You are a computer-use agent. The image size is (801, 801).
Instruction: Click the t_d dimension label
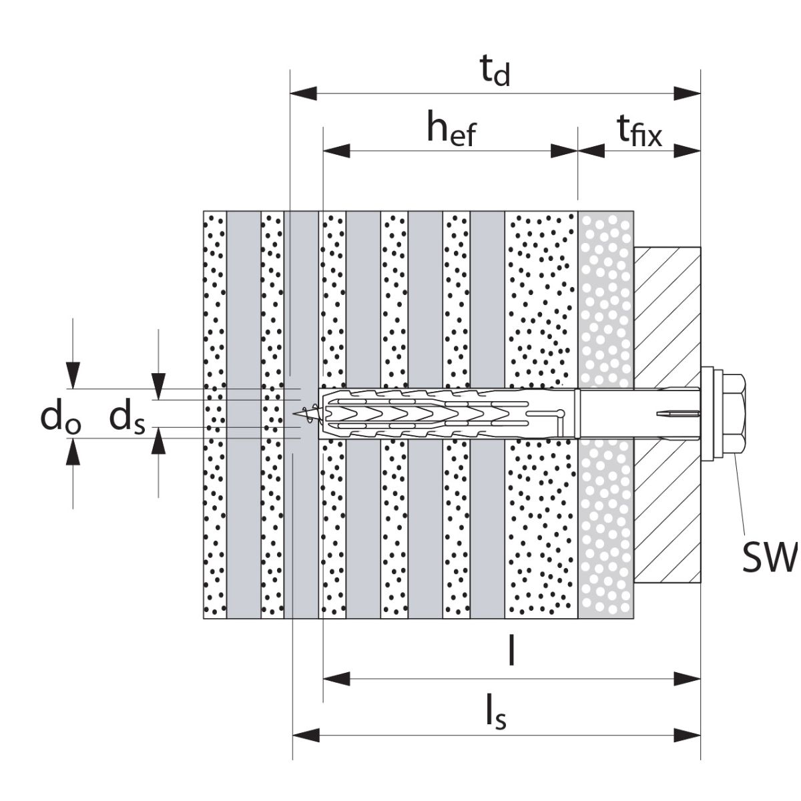(495, 73)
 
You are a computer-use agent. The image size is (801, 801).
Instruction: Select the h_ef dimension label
(452, 129)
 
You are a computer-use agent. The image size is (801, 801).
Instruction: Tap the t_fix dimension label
(639, 131)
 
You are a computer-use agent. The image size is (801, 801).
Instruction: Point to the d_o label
(61, 418)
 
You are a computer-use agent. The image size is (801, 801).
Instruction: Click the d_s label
(127, 418)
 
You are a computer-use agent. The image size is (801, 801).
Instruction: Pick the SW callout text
(769, 558)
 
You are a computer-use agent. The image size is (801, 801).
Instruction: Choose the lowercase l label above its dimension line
(511, 652)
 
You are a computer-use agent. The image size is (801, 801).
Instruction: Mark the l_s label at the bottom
(495, 714)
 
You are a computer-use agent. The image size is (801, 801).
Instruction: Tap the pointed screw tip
(298, 414)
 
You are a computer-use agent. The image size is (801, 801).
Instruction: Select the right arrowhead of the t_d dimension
(687, 93)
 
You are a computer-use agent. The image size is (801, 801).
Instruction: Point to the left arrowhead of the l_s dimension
(306, 736)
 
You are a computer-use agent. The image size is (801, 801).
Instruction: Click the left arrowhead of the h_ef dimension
(336, 151)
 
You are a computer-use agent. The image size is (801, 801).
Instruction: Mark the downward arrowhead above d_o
(73, 374)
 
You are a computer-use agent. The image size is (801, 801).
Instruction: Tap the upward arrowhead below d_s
(158, 442)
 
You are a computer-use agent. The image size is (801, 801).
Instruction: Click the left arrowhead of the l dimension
(336, 680)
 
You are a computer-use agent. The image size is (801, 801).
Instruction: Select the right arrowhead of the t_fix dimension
(687, 151)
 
